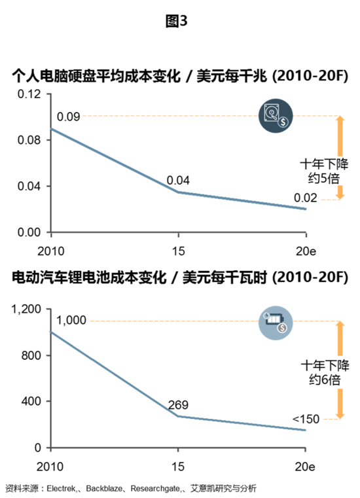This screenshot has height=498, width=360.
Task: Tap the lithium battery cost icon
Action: click(x=274, y=322)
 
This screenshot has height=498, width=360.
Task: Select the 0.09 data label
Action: click(x=69, y=116)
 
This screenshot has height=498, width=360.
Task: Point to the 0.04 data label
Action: click(x=178, y=180)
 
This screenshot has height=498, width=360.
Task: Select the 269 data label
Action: click(x=178, y=404)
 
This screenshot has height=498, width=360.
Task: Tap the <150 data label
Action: click(x=305, y=418)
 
